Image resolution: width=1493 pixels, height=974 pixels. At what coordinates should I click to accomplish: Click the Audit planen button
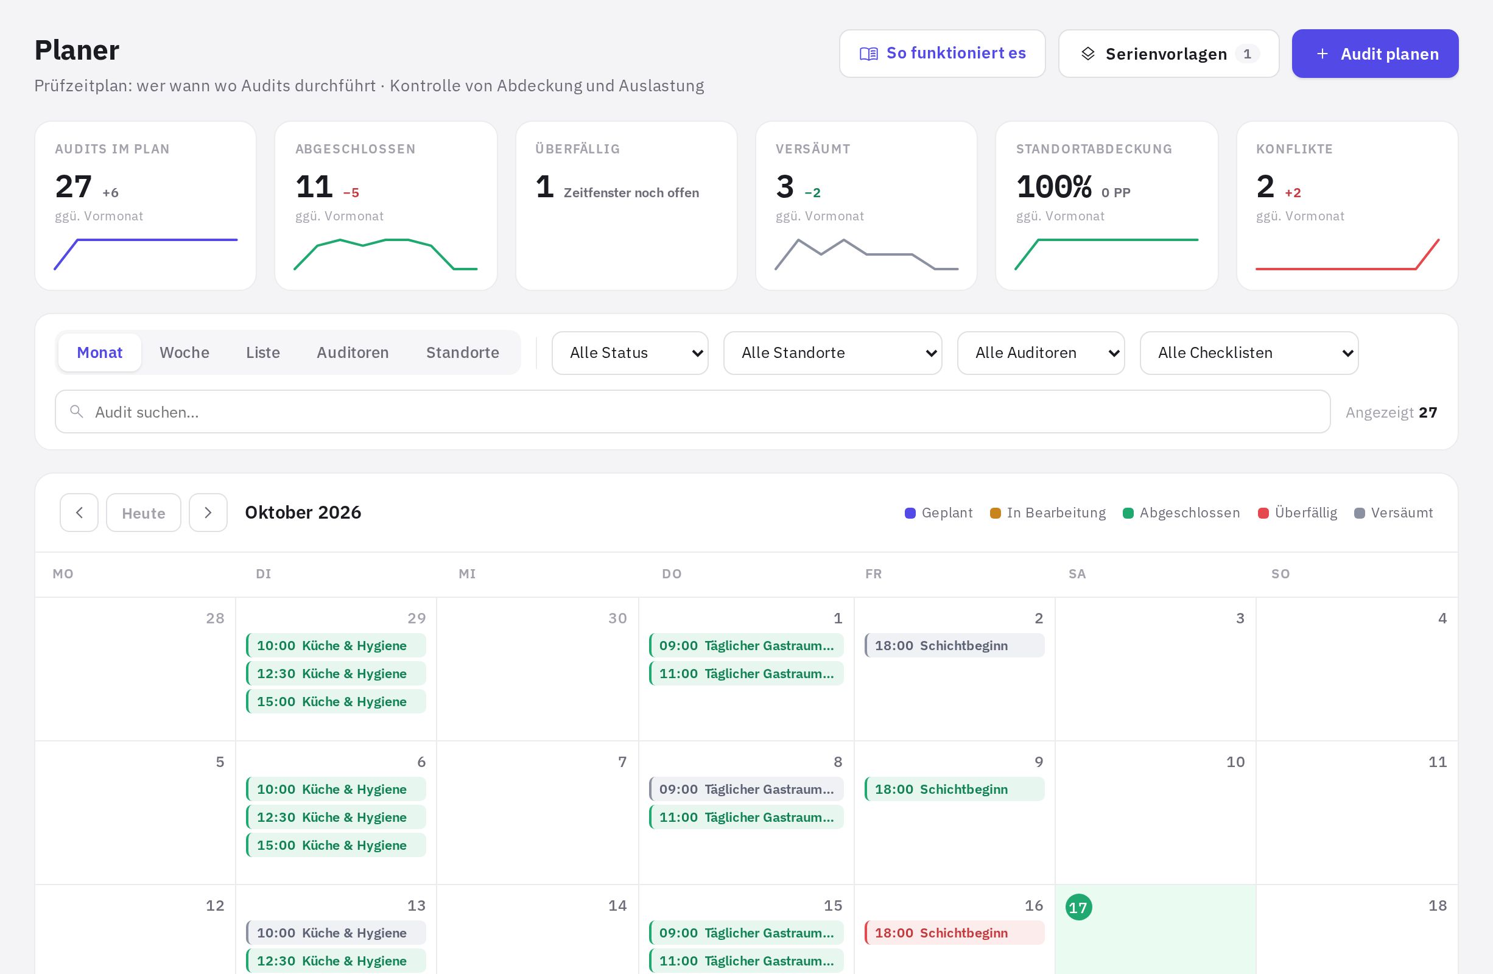[1374, 54]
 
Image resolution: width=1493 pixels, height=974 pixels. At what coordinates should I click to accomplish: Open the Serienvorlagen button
[1168, 54]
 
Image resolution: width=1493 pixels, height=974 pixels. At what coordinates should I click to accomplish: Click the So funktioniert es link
[942, 54]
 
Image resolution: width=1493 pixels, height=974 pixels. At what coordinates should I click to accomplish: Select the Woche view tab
[184, 352]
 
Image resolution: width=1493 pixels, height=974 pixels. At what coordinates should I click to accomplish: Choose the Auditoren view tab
[353, 352]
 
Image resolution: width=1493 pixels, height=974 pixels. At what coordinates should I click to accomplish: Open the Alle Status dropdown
[630, 353]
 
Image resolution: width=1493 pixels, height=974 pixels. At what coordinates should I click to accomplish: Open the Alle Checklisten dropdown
[1249, 353]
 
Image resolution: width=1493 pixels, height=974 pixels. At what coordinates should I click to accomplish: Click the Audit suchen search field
[692, 412]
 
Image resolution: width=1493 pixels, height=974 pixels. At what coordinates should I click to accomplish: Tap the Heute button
[144, 513]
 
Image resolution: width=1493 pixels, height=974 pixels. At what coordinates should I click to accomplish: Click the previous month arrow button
[79, 513]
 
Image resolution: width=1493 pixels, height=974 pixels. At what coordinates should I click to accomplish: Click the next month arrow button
[208, 513]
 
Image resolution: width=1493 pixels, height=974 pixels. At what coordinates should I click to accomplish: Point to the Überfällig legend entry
[1298, 513]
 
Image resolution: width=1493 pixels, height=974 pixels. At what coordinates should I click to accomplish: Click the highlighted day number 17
[1078, 907]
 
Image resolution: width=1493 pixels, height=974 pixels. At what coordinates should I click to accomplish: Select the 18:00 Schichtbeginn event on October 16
[954, 933]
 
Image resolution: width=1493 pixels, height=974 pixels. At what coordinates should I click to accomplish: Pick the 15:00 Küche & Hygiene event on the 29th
[335, 701]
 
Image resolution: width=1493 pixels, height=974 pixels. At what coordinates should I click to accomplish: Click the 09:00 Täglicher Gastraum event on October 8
[746, 789]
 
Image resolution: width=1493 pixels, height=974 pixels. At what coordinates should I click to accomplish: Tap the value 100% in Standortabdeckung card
[1054, 187]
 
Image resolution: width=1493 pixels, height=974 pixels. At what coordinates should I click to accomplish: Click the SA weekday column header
[1077, 574]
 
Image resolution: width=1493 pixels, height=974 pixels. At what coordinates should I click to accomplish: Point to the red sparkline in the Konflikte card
[1347, 268]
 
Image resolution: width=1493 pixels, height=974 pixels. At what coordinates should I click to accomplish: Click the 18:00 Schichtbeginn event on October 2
[954, 645]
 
